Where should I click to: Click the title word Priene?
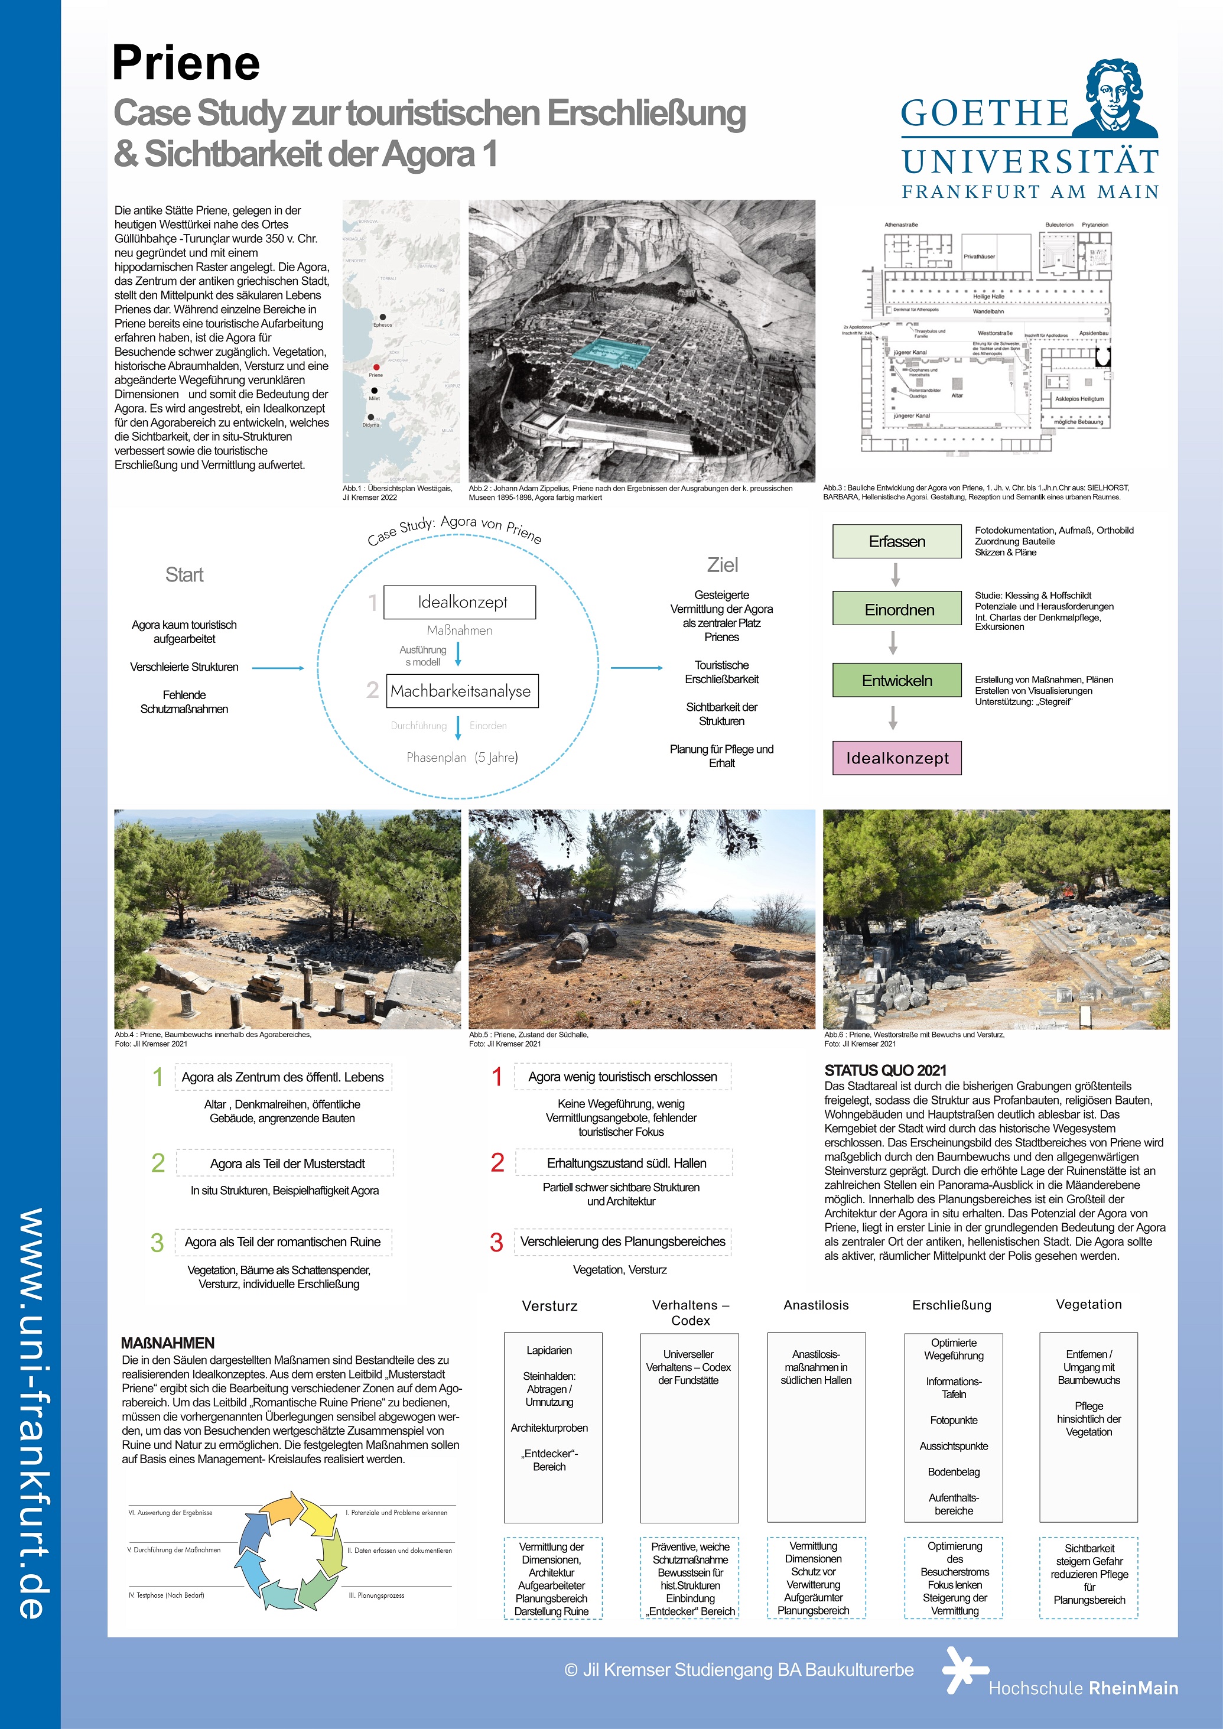(186, 63)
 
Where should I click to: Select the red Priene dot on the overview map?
(376, 368)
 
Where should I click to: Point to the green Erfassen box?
(896, 541)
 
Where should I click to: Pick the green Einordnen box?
(896, 609)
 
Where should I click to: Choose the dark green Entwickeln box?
(896, 680)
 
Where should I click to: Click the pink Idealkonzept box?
(896, 758)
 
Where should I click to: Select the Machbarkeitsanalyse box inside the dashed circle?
(460, 691)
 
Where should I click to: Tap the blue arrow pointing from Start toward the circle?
(278, 668)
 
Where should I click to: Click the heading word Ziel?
(722, 565)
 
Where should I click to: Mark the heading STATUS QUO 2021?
(885, 1070)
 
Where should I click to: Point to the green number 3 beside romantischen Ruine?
(157, 1243)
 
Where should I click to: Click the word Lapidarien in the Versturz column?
(549, 1350)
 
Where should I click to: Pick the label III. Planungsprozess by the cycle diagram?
(376, 1595)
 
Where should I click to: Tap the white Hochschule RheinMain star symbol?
(962, 1670)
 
